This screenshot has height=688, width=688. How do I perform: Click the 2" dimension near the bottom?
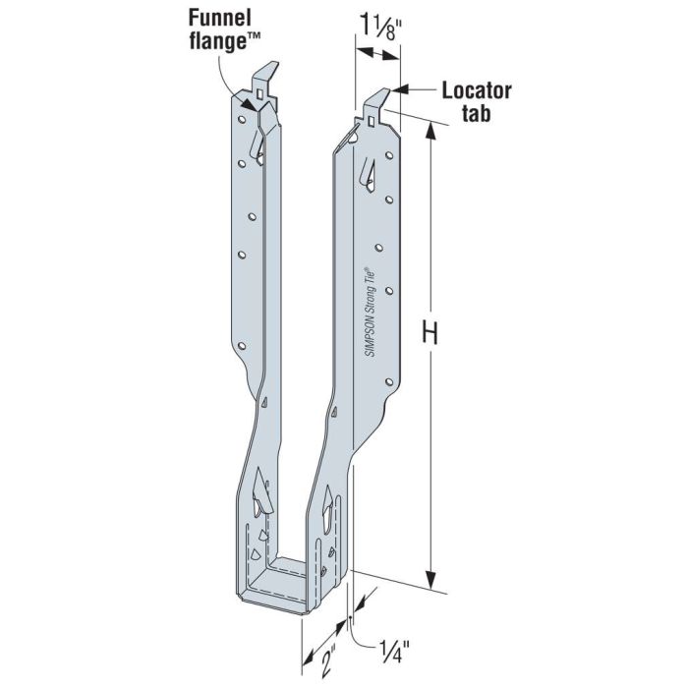tap(313, 654)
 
